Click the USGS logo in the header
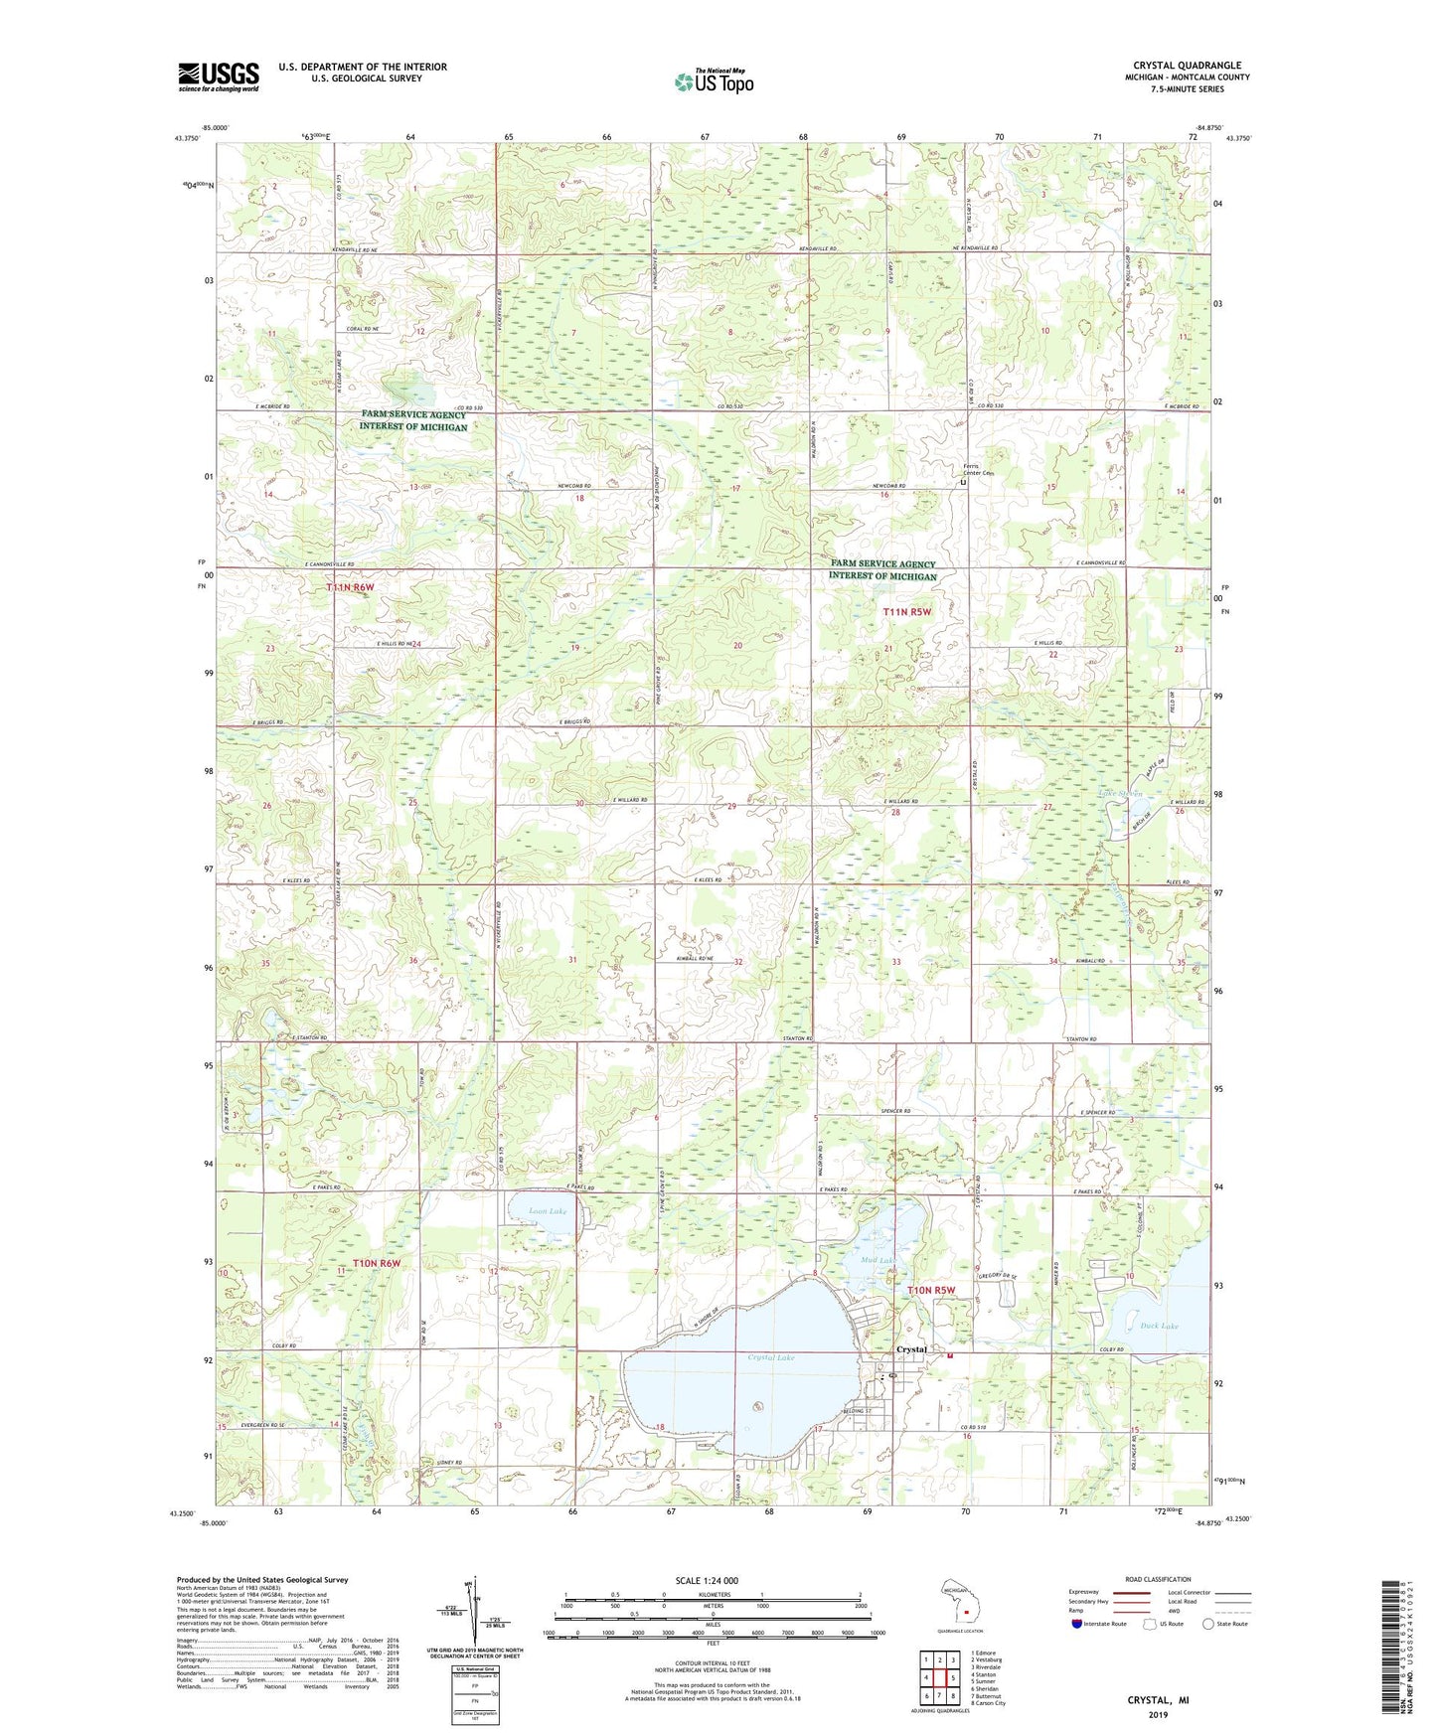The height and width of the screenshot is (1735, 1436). pos(218,77)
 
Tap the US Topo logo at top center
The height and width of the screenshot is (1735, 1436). pos(713,81)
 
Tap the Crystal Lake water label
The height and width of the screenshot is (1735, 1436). pos(771,1357)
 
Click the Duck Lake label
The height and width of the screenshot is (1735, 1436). pos(1132,1326)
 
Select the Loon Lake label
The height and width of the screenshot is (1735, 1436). pos(548,1211)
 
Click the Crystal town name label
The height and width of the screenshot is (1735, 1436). pos(911,1349)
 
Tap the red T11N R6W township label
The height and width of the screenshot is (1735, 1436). pos(351,588)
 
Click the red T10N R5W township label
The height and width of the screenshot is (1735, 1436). pos(931,1290)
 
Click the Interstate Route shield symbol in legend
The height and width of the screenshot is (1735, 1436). pos(1079,1624)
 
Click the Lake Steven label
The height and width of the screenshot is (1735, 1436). pos(1120,793)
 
